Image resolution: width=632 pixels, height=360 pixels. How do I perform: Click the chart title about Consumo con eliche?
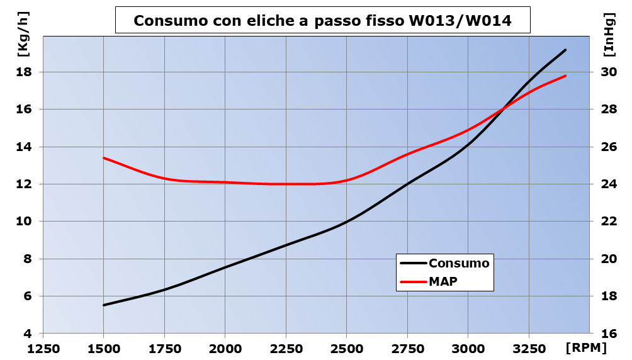322,21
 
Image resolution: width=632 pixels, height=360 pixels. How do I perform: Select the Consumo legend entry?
458,263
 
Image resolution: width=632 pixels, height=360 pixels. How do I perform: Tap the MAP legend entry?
443,281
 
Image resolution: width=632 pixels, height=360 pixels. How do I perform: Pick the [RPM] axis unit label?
585,347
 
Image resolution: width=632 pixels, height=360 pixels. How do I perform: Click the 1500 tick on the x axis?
103,348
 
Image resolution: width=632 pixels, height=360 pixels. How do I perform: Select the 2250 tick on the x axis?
286,348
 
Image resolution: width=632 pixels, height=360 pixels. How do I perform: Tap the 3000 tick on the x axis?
468,348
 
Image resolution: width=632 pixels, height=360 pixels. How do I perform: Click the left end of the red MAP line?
104,158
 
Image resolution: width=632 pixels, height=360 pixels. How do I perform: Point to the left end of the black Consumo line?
104,305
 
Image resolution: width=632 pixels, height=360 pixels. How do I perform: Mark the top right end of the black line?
565,50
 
